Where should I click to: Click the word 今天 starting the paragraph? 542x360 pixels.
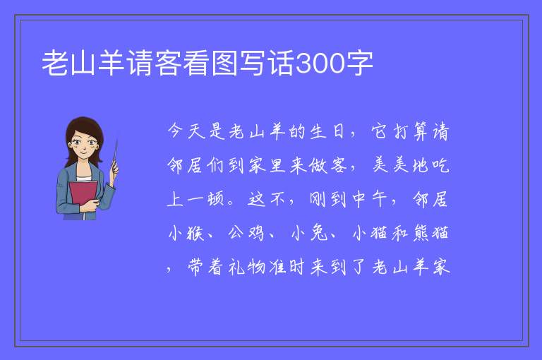tap(186, 131)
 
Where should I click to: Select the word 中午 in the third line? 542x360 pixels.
tap(369, 199)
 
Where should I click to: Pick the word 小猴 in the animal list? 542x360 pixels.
tap(186, 233)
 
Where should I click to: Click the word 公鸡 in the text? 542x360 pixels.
tap(246, 233)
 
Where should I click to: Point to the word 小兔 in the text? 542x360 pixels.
tap(309, 233)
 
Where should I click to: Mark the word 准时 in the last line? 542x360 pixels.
tap(287, 267)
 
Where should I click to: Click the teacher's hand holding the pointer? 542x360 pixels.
tap(114, 169)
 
